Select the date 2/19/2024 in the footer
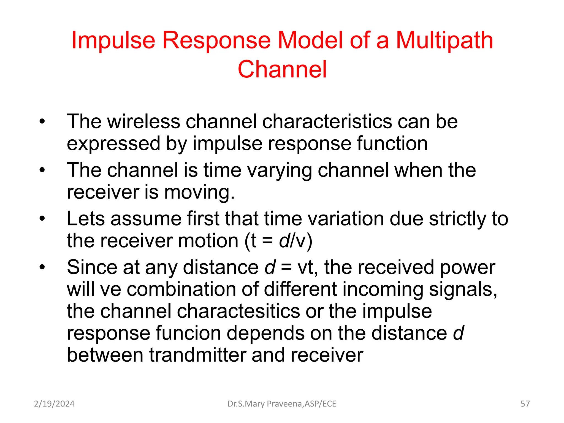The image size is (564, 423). click(54, 404)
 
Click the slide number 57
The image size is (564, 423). click(525, 404)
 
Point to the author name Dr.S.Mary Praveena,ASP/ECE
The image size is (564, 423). click(282, 404)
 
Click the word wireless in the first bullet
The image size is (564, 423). click(143, 121)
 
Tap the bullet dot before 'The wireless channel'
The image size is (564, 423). click(42, 121)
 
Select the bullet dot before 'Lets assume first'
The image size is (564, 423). click(42, 219)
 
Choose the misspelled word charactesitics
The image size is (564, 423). click(238, 311)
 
